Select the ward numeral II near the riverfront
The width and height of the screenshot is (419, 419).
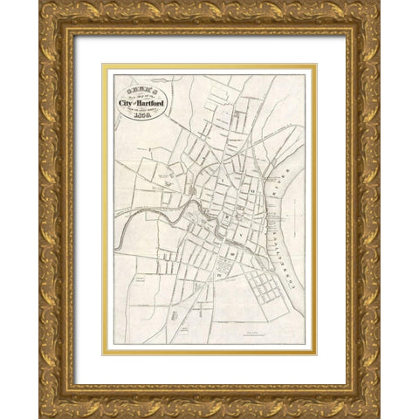tap(251, 187)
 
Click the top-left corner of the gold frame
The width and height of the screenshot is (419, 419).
tap(42, 3)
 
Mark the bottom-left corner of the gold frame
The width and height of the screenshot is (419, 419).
tap(42, 416)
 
